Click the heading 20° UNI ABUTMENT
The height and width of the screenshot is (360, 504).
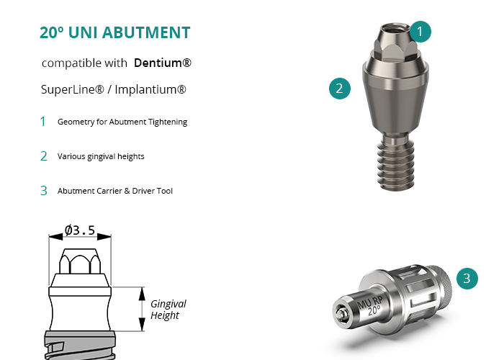coord(114,32)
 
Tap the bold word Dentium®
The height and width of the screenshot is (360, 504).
coord(162,63)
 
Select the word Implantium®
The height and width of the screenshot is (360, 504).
coord(150,89)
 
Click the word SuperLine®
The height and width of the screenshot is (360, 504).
coord(73,89)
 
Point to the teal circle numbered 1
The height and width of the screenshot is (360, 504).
coord(420,32)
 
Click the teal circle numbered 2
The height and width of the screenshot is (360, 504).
coord(340,89)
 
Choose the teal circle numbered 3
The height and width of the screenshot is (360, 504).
coord(467,279)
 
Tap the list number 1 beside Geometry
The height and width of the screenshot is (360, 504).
coord(42,122)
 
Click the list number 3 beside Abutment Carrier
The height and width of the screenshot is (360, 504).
coord(44,191)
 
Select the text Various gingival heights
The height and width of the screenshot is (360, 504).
coord(101,156)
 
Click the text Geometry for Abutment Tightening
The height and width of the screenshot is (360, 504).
coord(122,122)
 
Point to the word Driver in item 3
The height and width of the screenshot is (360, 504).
coord(143,191)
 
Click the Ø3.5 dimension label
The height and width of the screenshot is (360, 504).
coord(80,230)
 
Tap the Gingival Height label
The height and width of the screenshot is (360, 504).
coord(168,310)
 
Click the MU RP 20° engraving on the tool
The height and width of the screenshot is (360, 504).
coord(370,305)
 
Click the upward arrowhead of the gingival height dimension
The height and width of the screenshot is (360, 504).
coord(142,294)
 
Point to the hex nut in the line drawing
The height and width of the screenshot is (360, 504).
coord(80,261)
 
